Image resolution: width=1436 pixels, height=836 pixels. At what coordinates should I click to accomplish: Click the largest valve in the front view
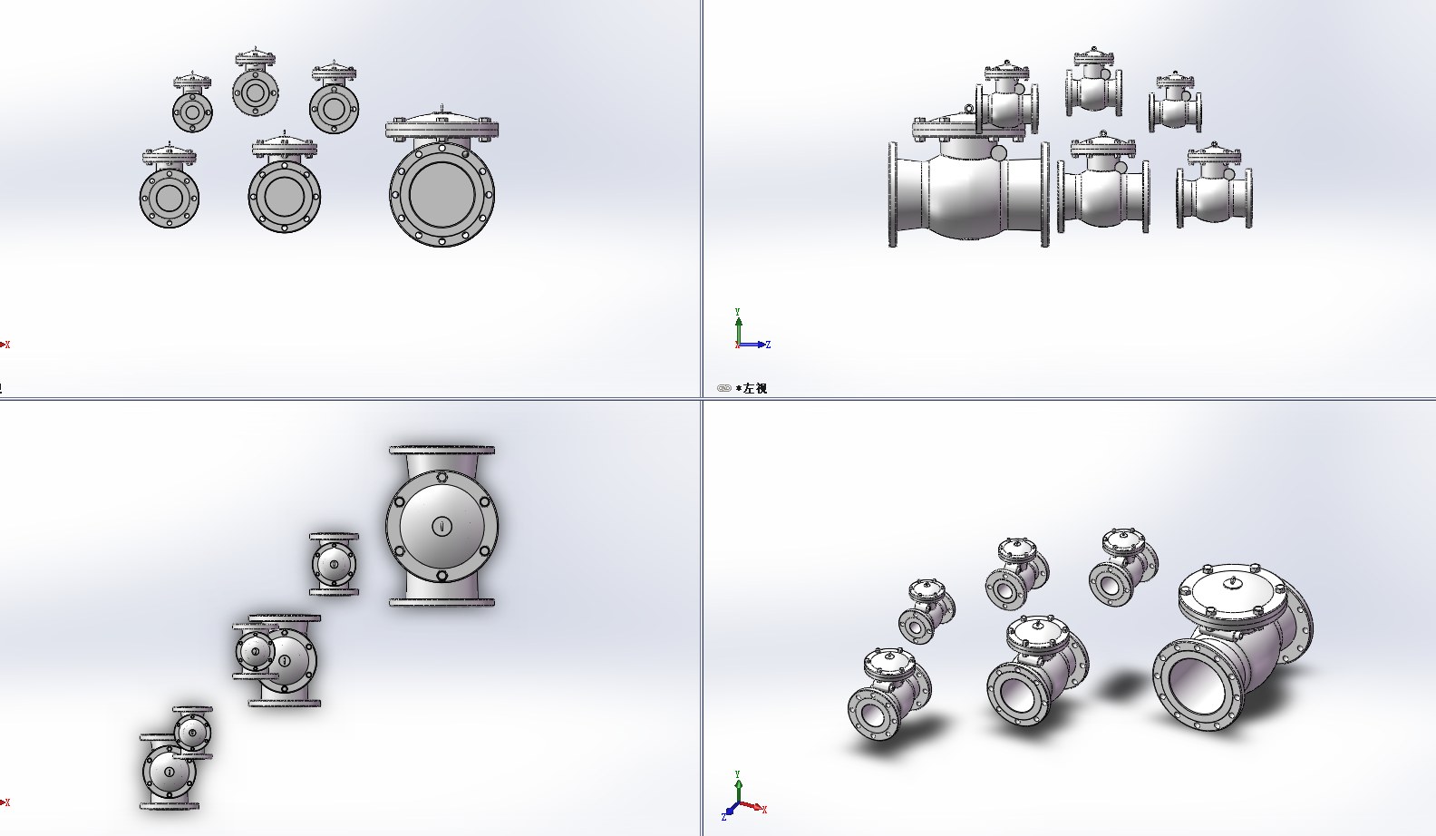(x=441, y=181)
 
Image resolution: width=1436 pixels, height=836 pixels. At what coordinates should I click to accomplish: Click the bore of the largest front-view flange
(x=441, y=194)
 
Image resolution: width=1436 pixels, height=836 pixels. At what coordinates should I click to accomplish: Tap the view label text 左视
(x=754, y=388)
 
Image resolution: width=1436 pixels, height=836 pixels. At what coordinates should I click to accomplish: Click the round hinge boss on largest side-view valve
(x=998, y=153)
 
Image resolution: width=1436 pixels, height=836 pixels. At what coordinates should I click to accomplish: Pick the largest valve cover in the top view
(x=441, y=526)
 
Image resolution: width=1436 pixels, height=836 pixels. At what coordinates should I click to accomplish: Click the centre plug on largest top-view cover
(x=441, y=526)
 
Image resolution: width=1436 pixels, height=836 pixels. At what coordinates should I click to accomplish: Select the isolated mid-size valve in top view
(x=334, y=564)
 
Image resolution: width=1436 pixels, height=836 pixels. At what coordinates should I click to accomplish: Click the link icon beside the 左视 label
(x=723, y=388)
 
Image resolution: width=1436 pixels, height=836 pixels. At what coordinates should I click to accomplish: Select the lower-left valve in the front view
(x=170, y=196)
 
